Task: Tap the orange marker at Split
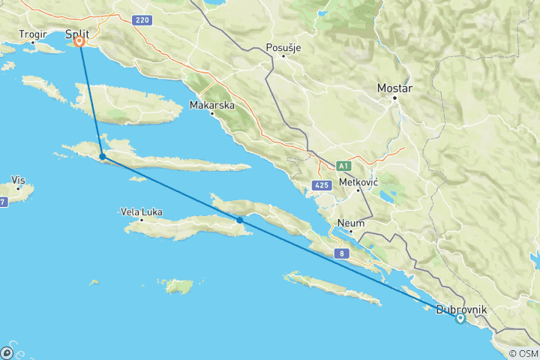[79, 42]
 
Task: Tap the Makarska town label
[212, 106]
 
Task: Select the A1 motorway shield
[343, 165]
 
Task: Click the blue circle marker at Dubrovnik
[460, 318]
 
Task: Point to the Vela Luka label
[141, 212]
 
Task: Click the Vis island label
[19, 180]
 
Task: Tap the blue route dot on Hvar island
[102, 157]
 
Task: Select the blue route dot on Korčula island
[239, 220]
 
